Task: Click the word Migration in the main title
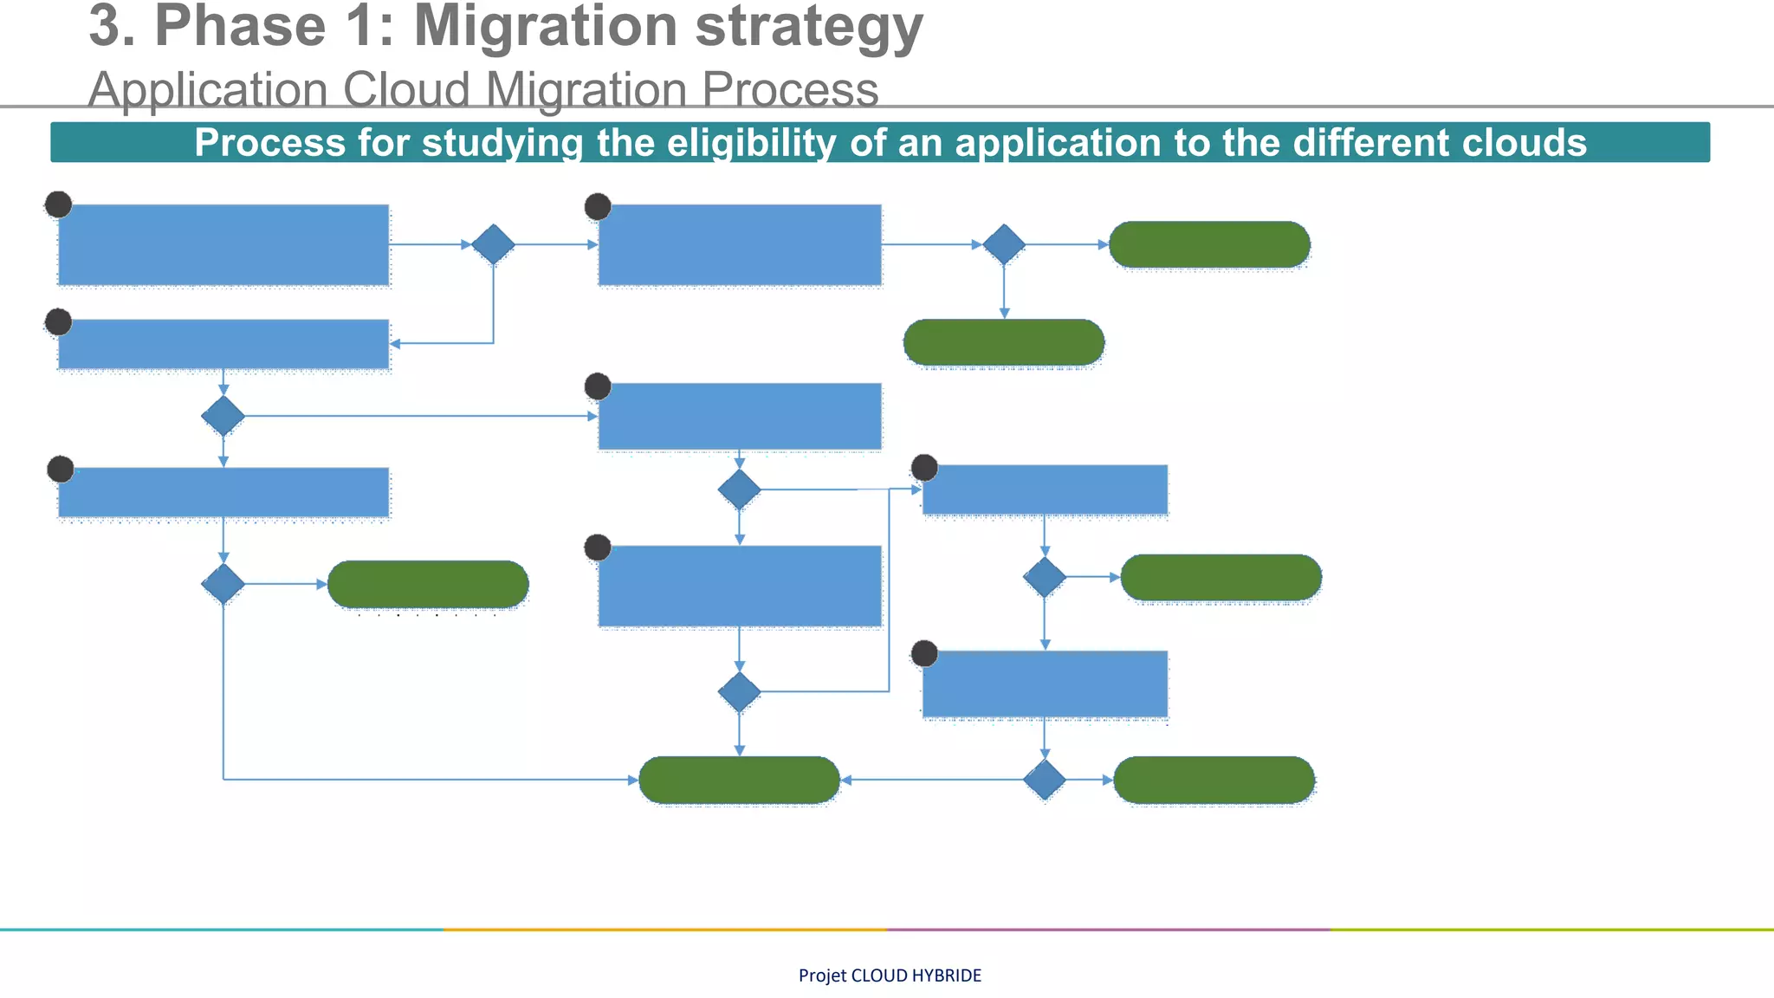click(x=547, y=26)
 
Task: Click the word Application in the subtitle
click(x=208, y=89)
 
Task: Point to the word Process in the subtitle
click(x=790, y=89)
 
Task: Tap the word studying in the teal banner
click(x=502, y=142)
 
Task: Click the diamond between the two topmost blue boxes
click(x=493, y=244)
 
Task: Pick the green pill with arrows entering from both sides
click(x=739, y=780)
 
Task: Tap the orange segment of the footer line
click(x=665, y=930)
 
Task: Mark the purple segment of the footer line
click(x=1109, y=930)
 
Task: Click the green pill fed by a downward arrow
click(x=1004, y=342)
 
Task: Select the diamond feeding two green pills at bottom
click(x=1045, y=780)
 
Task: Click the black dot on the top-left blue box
click(x=58, y=204)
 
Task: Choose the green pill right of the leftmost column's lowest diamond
click(x=428, y=584)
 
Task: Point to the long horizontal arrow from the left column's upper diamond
click(x=416, y=416)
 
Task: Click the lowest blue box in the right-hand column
click(x=1045, y=684)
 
